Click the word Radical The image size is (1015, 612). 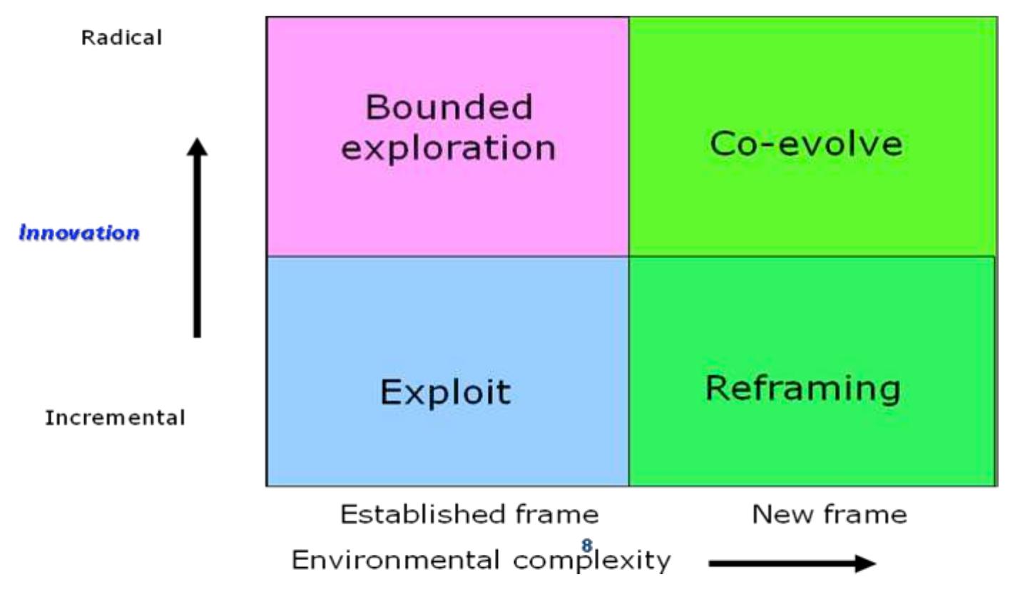click(x=121, y=37)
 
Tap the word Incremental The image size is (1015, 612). click(x=115, y=417)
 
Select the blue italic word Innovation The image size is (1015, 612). click(x=79, y=233)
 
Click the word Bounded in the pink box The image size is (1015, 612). click(x=449, y=108)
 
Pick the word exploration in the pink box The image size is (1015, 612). click(x=448, y=148)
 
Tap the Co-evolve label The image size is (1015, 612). click(x=805, y=143)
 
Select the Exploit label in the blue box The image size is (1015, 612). click(x=445, y=392)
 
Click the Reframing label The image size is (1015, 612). click(x=802, y=389)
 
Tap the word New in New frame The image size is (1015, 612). click(x=780, y=514)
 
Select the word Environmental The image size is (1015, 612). click(x=395, y=560)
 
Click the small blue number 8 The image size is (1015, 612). click(x=586, y=546)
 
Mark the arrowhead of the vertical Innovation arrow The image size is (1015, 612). click(x=198, y=146)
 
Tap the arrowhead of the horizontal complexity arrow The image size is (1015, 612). click(x=867, y=563)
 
